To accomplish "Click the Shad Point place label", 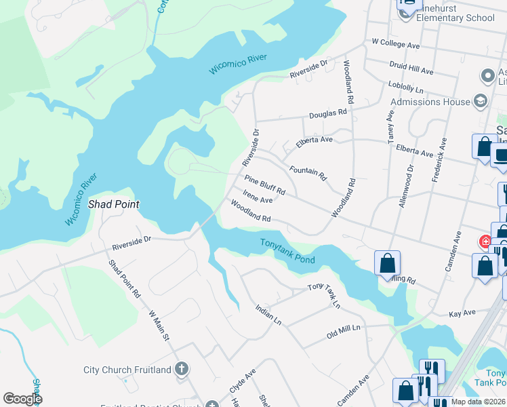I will pyautogui.click(x=114, y=204).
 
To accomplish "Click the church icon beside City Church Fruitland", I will pyautogui.click(x=181, y=370).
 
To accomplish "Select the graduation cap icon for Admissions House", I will pyautogui.click(x=481, y=102).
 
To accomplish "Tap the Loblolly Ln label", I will pyautogui.click(x=405, y=89).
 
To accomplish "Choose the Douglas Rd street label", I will pyautogui.click(x=327, y=116).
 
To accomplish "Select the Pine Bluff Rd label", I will pyautogui.click(x=265, y=186).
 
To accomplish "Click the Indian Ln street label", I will pyautogui.click(x=268, y=315).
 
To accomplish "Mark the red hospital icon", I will pyautogui.click(x=485, y=241).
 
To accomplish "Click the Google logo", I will pyautogui.click(x=22, y=399).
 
